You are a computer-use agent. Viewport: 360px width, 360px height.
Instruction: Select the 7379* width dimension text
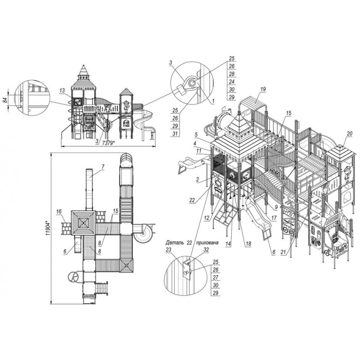[x=108, y=143]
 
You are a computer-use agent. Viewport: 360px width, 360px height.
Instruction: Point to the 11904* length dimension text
[x=48, y=229]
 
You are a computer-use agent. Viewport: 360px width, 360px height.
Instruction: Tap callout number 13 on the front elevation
[x=62, y=90]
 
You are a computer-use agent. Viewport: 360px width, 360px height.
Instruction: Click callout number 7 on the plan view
[x=103, y=166]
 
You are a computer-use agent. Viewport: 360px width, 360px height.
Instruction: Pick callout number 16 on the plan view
[x=59, y=211]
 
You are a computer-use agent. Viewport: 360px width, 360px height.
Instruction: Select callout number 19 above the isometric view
[x=263, y=89]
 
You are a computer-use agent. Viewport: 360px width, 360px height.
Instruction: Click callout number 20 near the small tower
[x=350, y=134]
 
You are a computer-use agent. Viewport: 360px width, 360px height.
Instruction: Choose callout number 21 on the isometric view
[x=283, y=252]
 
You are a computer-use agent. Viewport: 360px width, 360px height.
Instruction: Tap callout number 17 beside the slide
[x=274, y=217]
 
